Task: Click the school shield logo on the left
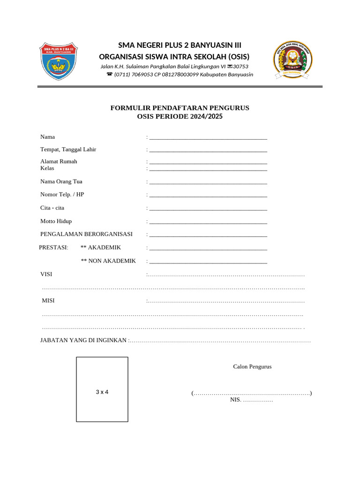click(59, 61)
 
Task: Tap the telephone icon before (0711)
click(110, 75)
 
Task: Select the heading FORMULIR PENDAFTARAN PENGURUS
click(180, 108)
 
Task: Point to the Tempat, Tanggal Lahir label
click(68, 150)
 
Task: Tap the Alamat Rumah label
click(59, 161)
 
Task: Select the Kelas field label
click(47, 168)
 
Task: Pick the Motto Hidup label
click(56, 221)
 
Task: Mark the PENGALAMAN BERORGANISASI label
click(86, 234)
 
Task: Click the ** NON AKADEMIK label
click(108, 261)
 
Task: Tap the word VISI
click(46, 274)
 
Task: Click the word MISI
click(48, 300)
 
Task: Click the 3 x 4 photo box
click(102, 389)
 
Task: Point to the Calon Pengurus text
click(252, 367)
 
